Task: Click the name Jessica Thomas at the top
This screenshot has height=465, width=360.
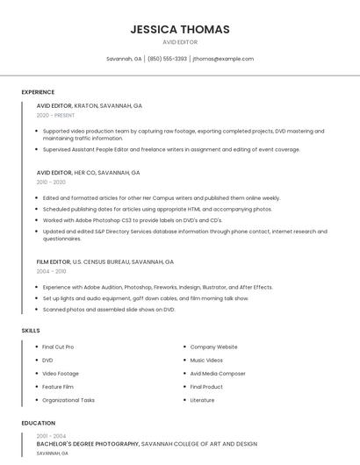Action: pyautogui.click(x=180, y=29)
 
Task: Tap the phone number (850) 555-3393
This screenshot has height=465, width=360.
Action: pyautogui.click(x=167, y=59)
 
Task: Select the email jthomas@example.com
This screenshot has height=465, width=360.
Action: pyautogui.click(x=223, y=59)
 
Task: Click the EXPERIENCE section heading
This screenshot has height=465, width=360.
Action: pyautogui.click(x=38, y=92)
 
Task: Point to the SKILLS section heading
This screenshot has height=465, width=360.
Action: pyautogui.click(x=31, y=331)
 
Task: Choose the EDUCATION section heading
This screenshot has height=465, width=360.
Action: pyautogui.click(x=39, y=423)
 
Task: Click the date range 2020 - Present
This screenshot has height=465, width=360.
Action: pyautogui.click(x=55, y=115)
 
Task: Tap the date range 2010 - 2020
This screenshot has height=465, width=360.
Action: pyautogui.click(x=51, y=182)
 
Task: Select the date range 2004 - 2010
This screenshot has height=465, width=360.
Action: pyautogui.click(x=51, y=271)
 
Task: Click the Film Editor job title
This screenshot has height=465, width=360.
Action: pyautogui.click(x=54, y=261)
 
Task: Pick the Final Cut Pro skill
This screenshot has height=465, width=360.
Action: pyautogui.click(x=58, y=347)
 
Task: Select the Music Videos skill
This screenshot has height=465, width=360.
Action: pyautogui.click(x=207, y=360)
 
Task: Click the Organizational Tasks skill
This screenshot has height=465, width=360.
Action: pyautogui.click(x=68, y=400)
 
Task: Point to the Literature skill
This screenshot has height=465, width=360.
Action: pyautogui.click(x=202, y=400)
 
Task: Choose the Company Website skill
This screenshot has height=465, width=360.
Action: pyautogui.click(x=213, y=347)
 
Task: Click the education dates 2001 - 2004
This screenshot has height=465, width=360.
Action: pyautogui.click(x=51, y=436)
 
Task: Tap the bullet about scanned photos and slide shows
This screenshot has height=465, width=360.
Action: pyautogui.click(x=109, y=309)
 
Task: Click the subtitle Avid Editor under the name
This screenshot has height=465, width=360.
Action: pyautogui.click(x=180, y=42)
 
